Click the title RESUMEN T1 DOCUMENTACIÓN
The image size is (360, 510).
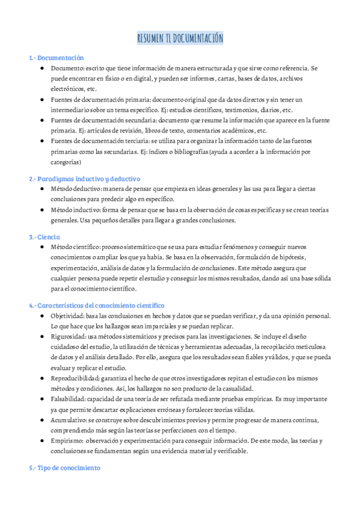pyautogui.click(x=180, y=39)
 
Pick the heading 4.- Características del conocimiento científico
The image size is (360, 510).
pyautogui.click(x=96, y=306)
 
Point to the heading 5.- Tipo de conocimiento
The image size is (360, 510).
pyautogui.click(x=64, y=467)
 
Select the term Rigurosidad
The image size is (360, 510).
pyautogui.click(x=69, y=337)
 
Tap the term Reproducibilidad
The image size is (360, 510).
pyautogui.click(x=75, y=378)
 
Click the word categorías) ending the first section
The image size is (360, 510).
pyautogui.click(x=66, y=162)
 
